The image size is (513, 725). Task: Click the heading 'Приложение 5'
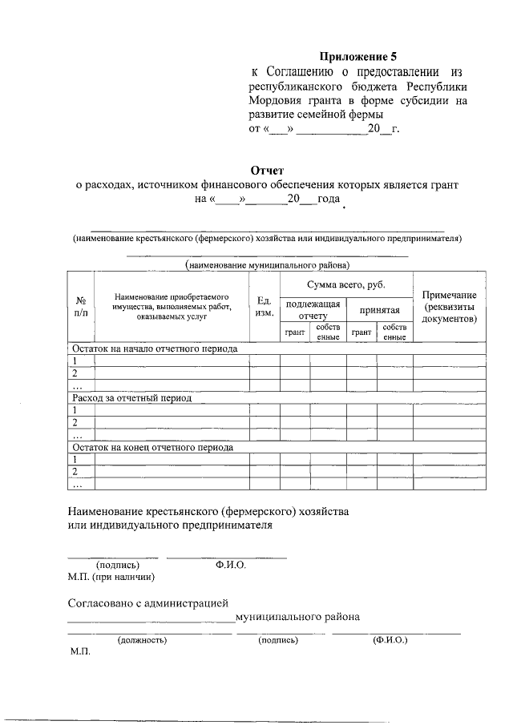[x=358, y=56]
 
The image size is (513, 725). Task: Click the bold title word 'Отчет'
[x=267, y=171]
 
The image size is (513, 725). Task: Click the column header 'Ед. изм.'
[x=265, y=307]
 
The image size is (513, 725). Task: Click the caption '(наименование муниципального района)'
[x=267, y=264]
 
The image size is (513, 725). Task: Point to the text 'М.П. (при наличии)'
[x=111, y=576]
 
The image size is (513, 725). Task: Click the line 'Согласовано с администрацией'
[x=148, y=602]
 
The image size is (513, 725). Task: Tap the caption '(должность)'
[x=142, y=640]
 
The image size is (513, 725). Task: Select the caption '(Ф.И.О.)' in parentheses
[x=390, y=640]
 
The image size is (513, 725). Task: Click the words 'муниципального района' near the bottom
[x=297, y=617]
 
